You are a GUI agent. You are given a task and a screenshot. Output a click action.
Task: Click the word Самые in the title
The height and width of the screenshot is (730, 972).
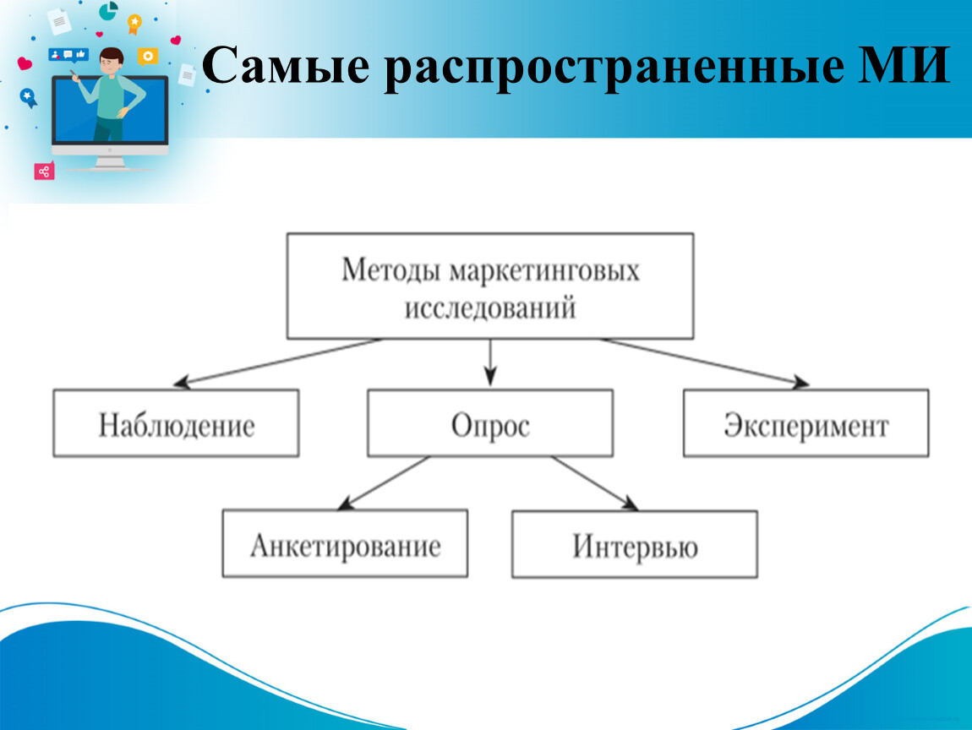point(286,66)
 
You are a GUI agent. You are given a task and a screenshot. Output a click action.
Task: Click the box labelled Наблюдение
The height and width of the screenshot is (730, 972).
point(176,423)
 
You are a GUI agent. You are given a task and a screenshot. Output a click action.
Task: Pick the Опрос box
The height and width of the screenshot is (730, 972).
point(490,423)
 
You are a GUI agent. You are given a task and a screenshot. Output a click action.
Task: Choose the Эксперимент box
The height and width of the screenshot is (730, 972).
point(805,423)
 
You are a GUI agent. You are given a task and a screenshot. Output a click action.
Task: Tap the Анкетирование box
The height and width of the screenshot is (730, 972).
point(346,543)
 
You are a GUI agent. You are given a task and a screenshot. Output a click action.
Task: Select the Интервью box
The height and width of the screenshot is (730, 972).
point(635,544)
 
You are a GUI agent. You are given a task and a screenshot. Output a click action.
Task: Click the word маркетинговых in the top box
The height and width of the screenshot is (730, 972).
point(544,271)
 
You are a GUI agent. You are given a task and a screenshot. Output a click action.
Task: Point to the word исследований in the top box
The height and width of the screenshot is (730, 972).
point(490,308)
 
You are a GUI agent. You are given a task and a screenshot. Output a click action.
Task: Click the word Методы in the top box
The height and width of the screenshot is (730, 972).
point(391,270)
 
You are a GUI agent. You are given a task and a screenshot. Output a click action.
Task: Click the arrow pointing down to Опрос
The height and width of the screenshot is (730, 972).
point(490,362)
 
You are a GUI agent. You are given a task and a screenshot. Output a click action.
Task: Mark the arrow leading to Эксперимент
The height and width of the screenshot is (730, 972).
point(705,362)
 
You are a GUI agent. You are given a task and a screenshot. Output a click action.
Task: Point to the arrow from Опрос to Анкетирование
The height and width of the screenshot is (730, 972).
point(384,483)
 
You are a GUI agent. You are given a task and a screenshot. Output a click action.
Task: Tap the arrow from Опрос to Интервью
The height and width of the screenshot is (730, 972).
point(595,483)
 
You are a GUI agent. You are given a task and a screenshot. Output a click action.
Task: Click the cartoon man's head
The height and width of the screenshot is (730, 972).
point(112,61)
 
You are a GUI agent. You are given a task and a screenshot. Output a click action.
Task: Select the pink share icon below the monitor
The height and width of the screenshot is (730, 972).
point(44,171)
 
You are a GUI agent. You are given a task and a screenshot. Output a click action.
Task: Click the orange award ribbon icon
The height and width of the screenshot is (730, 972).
point(134,24)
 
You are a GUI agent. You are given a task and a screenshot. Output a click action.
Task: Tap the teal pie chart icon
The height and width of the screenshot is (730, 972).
point(108,10)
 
